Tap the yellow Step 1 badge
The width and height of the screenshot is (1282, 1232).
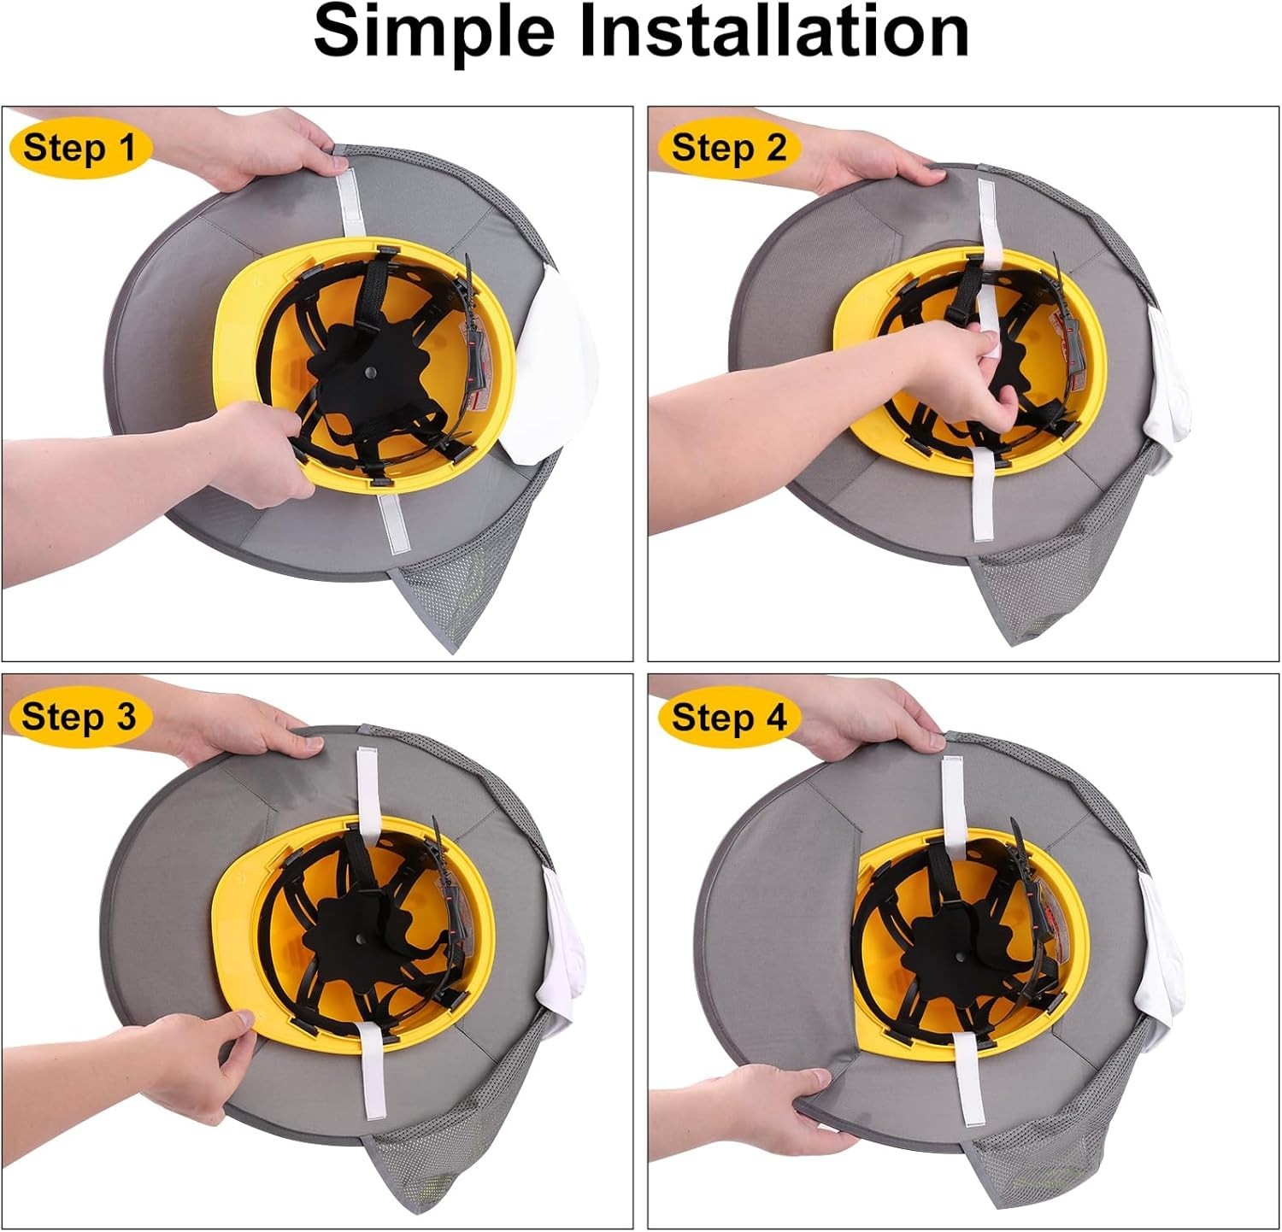click(79, 148)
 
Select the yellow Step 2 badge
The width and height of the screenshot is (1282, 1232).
click(729, 148)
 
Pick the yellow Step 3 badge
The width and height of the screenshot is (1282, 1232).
click(79, 716)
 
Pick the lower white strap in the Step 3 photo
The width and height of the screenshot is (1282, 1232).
click(373, 1072)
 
